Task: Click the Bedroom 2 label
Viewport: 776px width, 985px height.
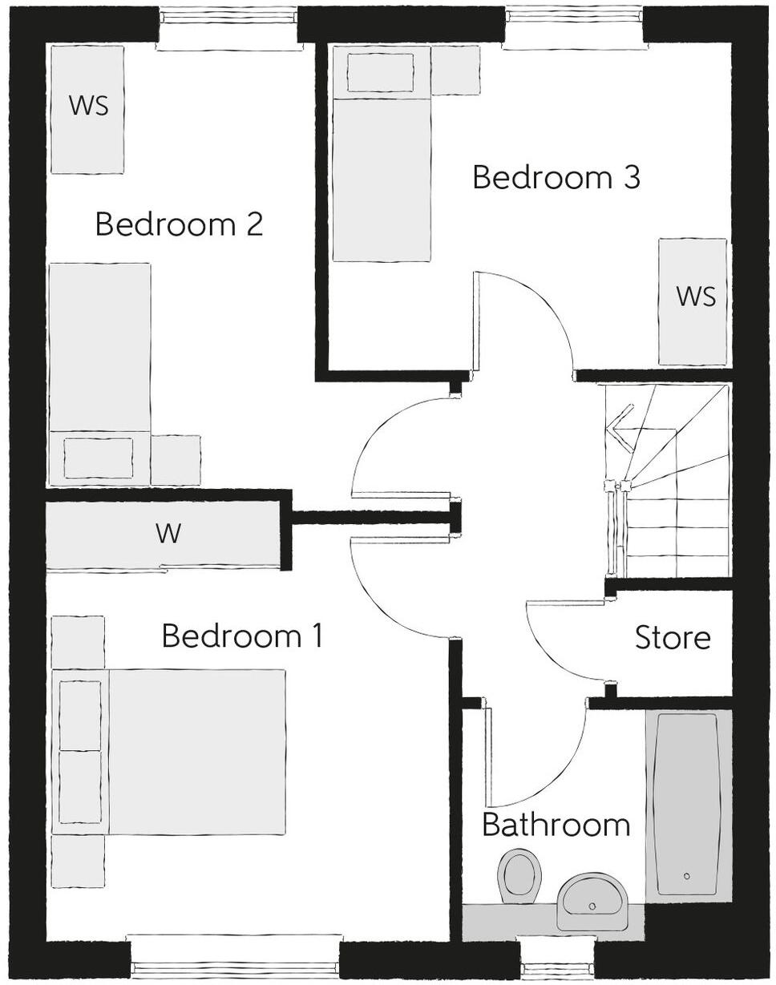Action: pos(179,224)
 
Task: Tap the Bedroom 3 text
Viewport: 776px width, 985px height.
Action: pos(556,177)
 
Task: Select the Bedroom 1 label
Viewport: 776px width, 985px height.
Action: pos(242,636)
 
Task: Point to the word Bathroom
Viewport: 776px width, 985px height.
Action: pos(556,825)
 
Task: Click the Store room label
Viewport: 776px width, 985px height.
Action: pos(673,638)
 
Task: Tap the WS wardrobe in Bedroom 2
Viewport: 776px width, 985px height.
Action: pos(87,108)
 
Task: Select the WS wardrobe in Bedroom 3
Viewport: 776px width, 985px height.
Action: pos(693,301)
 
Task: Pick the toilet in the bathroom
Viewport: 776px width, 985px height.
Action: pos(519,874)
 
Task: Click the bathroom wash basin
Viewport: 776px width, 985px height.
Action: pos(594,899)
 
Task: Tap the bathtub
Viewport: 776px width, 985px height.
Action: pos(688,805)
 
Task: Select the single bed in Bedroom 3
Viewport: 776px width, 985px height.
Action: pos(381,152)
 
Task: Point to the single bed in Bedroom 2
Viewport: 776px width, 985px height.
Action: pos(99,373)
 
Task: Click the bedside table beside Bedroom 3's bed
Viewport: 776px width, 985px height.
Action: pos(455,59)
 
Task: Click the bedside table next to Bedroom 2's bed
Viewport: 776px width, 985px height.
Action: pos(175,460)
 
